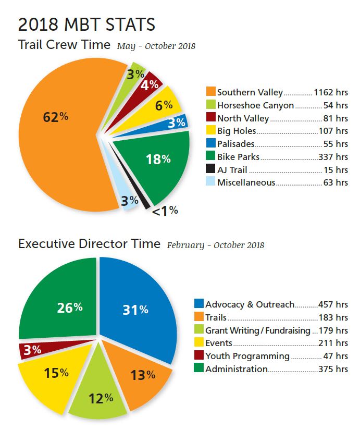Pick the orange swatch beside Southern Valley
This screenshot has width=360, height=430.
pyautogui.click(x=211, y=93)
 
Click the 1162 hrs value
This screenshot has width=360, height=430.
pyautogui.click(x=331, y=93)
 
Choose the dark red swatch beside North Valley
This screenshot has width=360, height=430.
pyautogui.click(x=211, y=118)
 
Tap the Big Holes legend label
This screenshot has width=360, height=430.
pyautogui.click(x=237, y=131)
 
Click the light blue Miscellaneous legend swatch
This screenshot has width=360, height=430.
pyautogui.click(x=211, y=182)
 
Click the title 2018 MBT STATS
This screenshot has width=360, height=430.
pyautogui.click(x=86, y=24)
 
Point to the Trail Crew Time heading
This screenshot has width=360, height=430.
pyautogui.click(x=65, y=44)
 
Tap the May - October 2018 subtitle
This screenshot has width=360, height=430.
pyautogui.click(x=156, y=46)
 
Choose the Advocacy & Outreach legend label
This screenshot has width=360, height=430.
pyautogui.click(x=250, y=304)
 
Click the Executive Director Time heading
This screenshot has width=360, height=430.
pyautogui.click(x=89, y=243)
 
